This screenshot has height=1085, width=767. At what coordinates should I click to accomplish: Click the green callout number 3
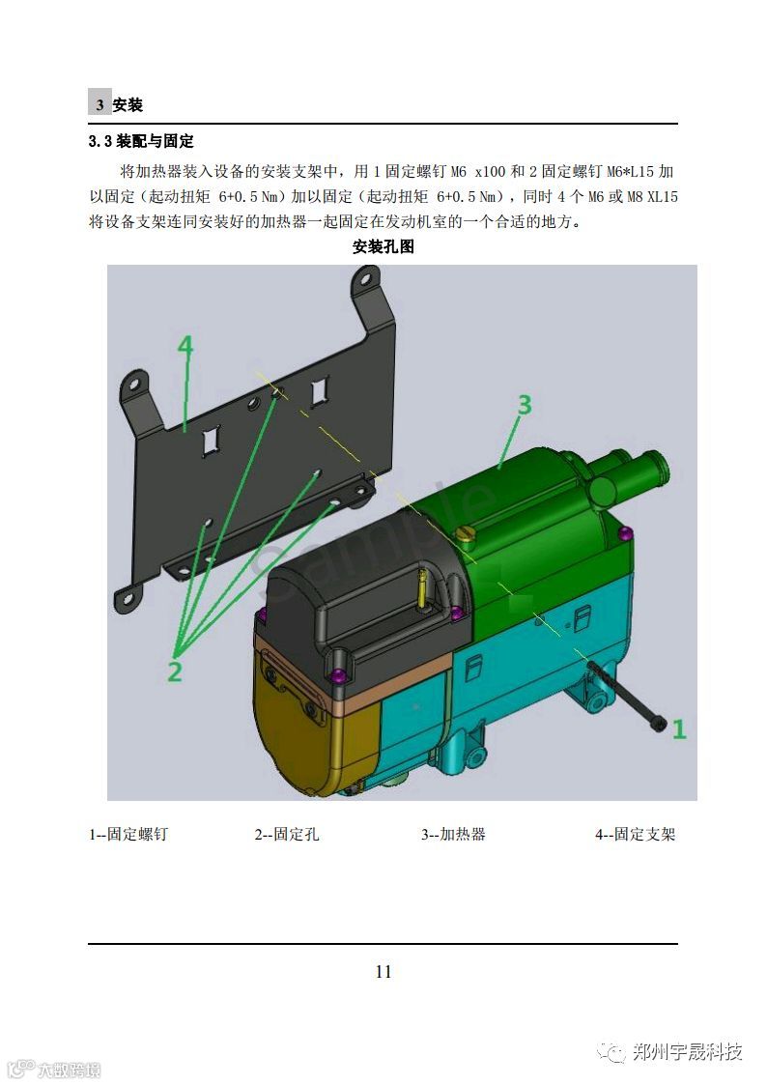pos(525,404)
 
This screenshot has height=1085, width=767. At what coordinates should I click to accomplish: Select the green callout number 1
pos(679,728)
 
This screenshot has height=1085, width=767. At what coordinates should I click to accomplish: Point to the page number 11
pos(383,972)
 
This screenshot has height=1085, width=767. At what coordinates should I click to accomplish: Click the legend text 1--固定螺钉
pos(128,835)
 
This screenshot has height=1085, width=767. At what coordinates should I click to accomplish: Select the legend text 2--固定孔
pos(286,835)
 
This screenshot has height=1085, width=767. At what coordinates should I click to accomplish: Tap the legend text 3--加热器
pos(453,835)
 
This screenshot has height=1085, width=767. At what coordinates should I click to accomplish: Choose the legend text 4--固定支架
pos(635,835)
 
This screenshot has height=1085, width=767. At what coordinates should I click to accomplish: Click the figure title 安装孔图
pos(383,247)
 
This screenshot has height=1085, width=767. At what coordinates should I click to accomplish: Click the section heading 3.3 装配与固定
pos(141,141)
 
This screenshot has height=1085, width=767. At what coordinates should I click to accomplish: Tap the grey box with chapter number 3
pos(99,103)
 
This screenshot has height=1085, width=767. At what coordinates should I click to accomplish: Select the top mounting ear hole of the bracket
pos(362,279)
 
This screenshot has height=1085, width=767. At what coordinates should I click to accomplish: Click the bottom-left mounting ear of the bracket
pos(128,596)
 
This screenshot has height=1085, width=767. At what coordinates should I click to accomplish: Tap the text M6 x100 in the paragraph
pos(478,172)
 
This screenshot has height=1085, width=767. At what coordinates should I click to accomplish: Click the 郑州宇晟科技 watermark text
pos(688,1052)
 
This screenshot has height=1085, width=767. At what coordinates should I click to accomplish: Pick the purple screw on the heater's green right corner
pos(625,532)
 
